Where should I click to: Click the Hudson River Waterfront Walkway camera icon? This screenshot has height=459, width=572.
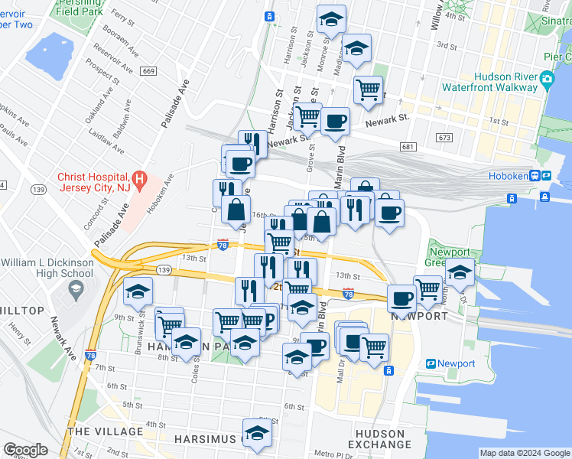pyautogui.click(x=546, y=79)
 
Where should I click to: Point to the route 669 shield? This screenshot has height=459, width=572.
pyautogui.click(x=148, y=71)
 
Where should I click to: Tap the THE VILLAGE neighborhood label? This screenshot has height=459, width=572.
pyautogui.click(x=105, y=431)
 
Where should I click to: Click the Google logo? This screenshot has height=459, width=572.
pyautogui.click(x=25, y=450)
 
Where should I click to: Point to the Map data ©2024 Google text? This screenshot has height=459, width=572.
pyautogui.click(x=524, y=453)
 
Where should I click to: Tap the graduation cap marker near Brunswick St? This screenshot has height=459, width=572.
pyautogui.click(x=138, y=291)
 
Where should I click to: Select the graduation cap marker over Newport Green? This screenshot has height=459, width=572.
pyautogui.click(x=460, y=273)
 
